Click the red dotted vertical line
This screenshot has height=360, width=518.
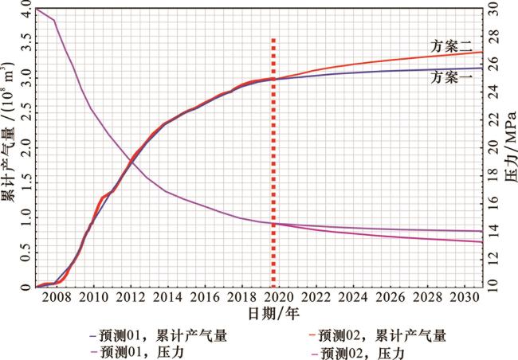click(274, 159)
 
